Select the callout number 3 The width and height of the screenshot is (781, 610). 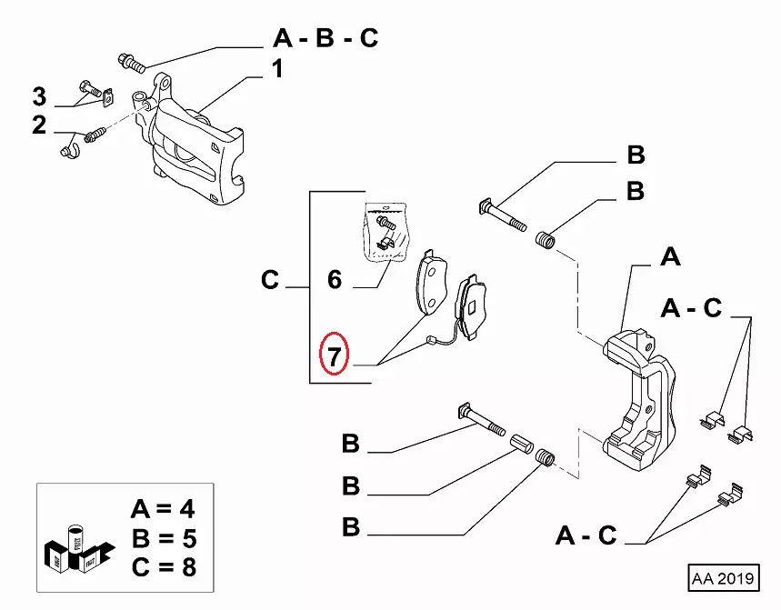pyautogui.click(x=39, y=95)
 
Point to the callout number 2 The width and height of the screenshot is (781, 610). pyautogui.click(x=39, y=125)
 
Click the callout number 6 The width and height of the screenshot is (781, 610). pyautogui.click(x=335, y=279)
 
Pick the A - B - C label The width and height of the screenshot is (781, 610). pyautogui.click(x=325, y=38)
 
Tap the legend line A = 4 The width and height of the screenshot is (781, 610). pyautogui.click(x=163, y=509)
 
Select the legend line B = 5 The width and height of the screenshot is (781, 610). pyautogui.click(x=163, y=538)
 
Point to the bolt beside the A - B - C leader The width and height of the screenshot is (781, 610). pyautogui.click(x=131, y=63)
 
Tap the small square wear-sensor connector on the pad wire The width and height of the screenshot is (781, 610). pyautogui.click(x=427, y=342)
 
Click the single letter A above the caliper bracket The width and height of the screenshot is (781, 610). pyautogui.click(x=670, y=257)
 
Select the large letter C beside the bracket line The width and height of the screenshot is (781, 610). pyautogui.click(x=270, y=280)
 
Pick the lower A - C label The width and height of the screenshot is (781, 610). pyautogui.click(x=586, y=535)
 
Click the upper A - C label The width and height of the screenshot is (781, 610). pyautogui.click(x=691, y=309)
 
